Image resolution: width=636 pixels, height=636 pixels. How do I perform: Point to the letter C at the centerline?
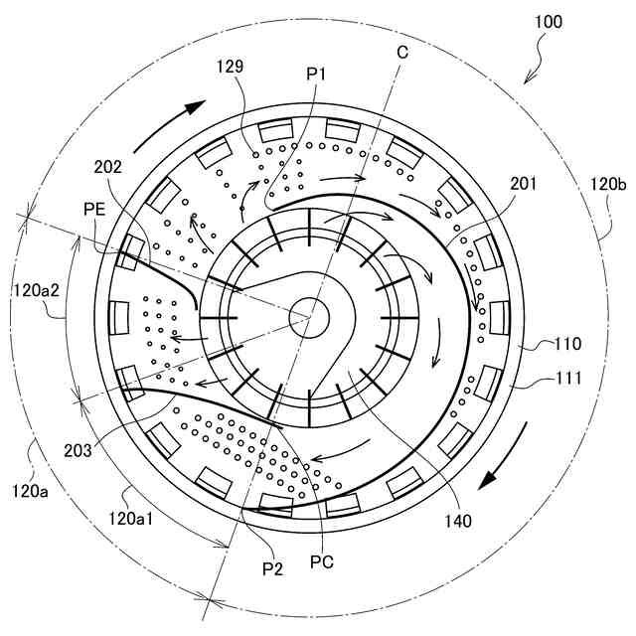coord(401,51)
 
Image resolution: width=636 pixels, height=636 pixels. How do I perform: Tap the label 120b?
coord(608,184)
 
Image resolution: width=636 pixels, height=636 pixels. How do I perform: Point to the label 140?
coord(458,517)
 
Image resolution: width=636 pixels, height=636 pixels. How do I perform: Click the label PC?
coord(321,559)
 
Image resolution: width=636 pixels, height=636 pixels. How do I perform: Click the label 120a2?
coord(39,290)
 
